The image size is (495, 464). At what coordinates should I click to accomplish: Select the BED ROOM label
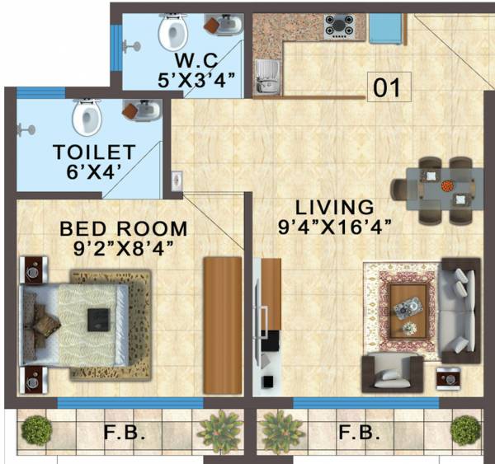123,228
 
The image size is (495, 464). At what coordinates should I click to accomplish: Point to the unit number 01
388,88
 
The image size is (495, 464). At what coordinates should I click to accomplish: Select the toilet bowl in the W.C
174,33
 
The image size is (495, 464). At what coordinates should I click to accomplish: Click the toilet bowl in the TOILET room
86,117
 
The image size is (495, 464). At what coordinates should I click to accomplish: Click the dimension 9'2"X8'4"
122,246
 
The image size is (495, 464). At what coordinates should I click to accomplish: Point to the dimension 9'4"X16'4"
333,223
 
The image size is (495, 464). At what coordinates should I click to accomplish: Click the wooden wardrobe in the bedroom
223,324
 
